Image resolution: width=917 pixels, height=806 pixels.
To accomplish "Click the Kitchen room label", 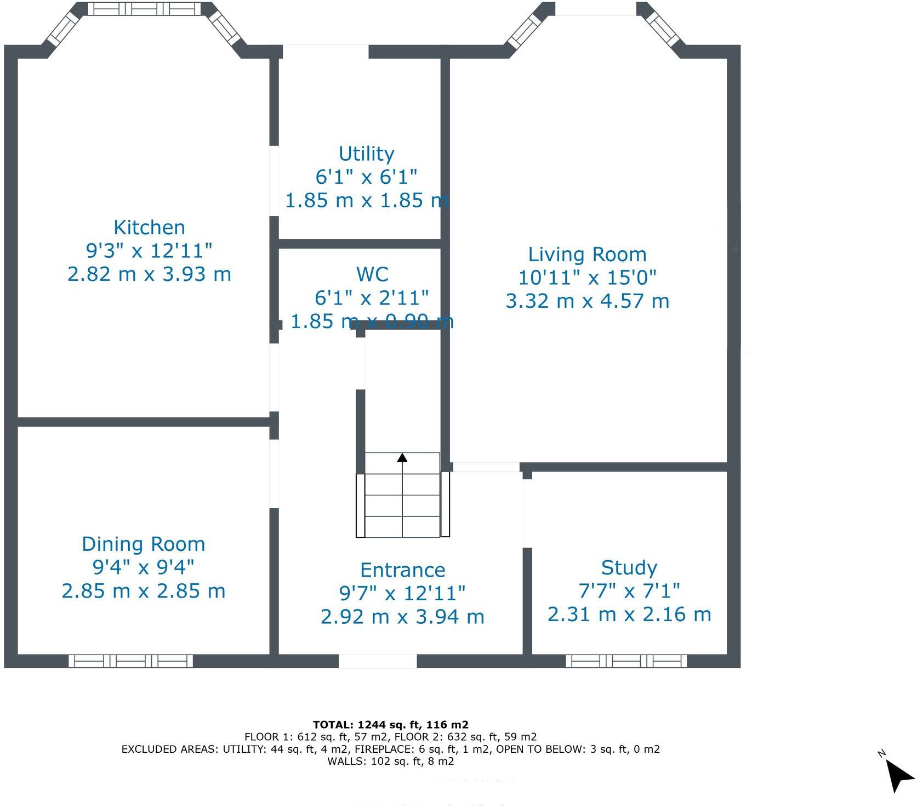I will [149, 227].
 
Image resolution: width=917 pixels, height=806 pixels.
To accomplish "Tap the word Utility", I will [366, 154].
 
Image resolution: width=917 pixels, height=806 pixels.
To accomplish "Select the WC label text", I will [372, 274].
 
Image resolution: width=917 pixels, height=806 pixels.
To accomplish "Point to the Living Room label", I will [587, 255].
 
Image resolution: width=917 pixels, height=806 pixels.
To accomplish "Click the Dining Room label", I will [144, 544].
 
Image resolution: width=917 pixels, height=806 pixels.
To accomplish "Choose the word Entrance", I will [402, 570].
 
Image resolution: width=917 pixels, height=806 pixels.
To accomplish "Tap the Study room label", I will [629, 567].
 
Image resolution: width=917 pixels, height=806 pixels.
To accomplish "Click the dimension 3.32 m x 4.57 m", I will [587, 301].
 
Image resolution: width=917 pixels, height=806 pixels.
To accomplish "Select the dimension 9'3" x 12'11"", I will [149, 251].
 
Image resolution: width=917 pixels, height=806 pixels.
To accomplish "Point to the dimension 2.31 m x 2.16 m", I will [629, 615].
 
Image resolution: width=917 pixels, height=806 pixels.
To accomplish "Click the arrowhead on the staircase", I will [402, 458].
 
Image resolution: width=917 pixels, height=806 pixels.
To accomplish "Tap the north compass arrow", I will [899, 775].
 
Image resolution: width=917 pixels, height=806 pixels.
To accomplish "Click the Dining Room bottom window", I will [130, 661].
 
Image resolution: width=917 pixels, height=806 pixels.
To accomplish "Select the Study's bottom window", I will [626, 661].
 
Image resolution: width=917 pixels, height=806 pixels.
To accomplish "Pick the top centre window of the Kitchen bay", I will [145, 8].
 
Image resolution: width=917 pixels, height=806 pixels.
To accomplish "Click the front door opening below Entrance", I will [378, 661].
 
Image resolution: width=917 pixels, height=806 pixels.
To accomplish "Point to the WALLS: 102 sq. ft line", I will [390, 761].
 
